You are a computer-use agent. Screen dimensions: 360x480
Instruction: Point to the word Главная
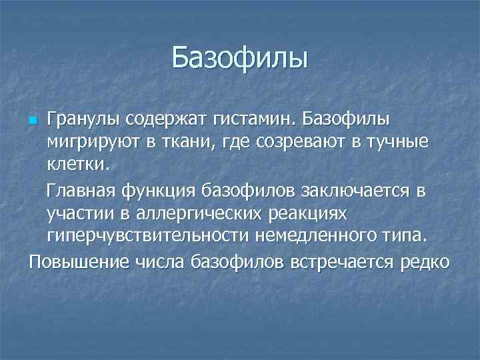81,191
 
